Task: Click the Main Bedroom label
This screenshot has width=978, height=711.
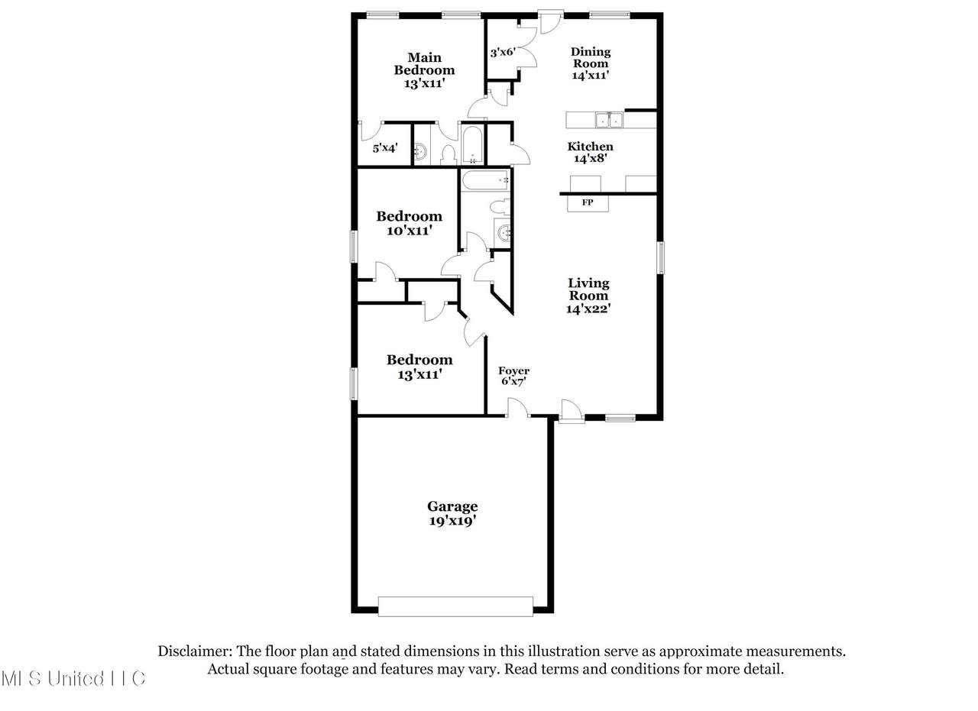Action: pos(424,63)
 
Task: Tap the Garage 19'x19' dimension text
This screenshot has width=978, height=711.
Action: pos(452,521)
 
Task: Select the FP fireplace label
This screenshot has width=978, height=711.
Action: pos(588,202)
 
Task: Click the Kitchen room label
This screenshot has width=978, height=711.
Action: pos(590,146)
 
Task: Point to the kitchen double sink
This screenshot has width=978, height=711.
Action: pos(609,120)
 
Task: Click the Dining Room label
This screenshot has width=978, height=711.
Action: pos(591,57)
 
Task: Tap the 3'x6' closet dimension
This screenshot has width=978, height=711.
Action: pos(503,53)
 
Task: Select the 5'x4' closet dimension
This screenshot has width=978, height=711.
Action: pos(384,148)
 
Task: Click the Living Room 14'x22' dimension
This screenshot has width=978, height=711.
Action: pos(588,309)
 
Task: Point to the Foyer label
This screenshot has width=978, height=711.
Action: pos(514,370)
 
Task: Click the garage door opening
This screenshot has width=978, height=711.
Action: pos(455,606)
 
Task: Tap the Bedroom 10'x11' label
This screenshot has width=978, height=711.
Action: pos(409,223)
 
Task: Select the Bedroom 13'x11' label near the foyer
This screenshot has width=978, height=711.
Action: pos(419,367)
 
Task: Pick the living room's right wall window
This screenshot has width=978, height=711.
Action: pos(661,257)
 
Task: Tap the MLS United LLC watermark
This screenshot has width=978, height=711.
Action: pos(73,678)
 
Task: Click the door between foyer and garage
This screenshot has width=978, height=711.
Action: pos(518,408)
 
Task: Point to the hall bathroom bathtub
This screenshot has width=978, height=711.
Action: pos(485,180)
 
